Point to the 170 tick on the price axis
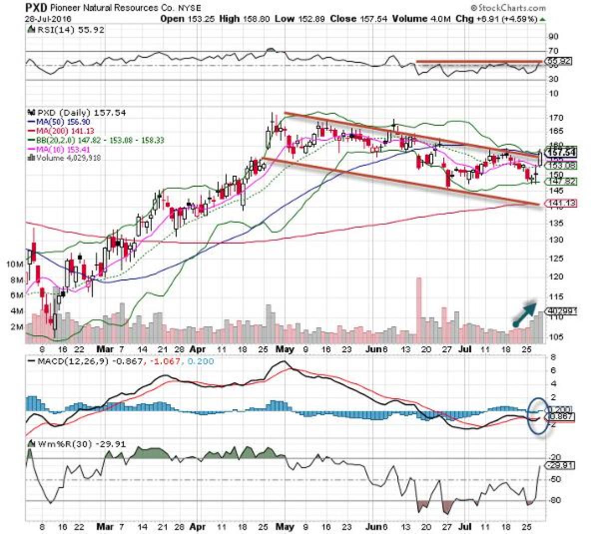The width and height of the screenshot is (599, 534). (553, 118)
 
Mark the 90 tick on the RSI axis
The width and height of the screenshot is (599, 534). (553, 36)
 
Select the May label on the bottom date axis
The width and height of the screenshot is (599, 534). (285, 527)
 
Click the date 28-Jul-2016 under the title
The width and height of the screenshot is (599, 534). (48, 18)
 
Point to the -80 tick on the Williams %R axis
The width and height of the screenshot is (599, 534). (553, 501)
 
